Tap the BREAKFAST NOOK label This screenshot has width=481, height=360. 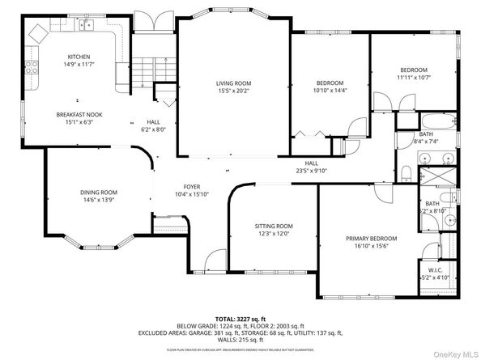coord(74,115)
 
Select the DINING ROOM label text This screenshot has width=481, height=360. coord(99,192)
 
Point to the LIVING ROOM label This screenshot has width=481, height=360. coord(233,83)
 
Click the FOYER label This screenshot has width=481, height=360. coord(192,186)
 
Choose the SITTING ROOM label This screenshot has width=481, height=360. coord(274,226)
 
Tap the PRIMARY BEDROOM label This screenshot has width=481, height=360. coord(372,239)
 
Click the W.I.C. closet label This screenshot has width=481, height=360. coord(431,269)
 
